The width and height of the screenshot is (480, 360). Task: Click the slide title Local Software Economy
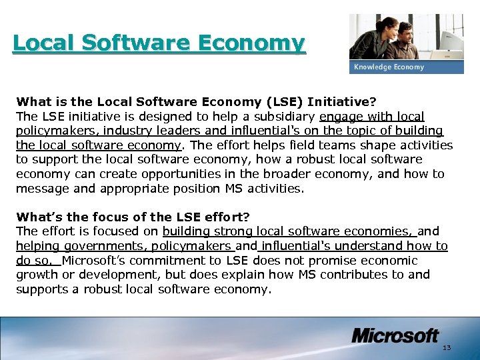(x=159, y=43)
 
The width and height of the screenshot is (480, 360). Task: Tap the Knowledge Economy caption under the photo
(x=389, y=67)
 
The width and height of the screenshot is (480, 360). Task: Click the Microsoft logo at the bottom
(x=395, y=335)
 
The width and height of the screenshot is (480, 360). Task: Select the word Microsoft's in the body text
(x=93, y=261)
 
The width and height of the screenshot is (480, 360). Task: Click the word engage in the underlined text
(x=341, y=117)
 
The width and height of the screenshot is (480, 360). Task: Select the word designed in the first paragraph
(x=147, y=117)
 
